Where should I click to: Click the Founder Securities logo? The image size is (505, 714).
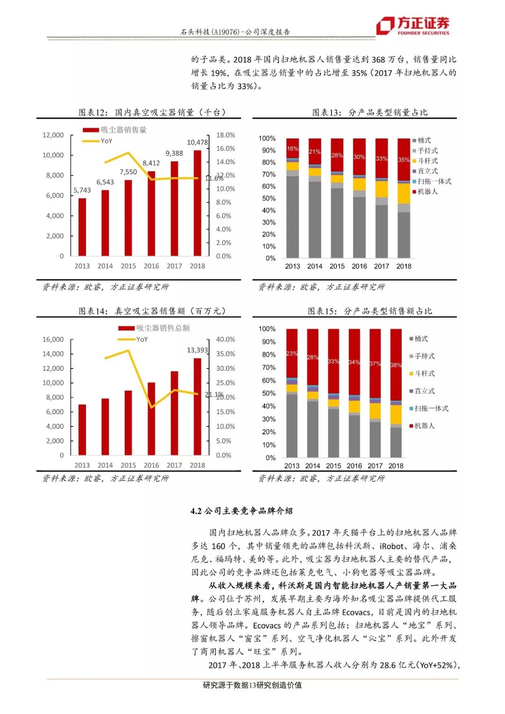[x=413, y=25]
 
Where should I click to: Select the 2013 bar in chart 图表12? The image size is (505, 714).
[x=82, y=227]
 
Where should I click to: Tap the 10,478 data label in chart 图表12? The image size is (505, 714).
[x=197, y=142]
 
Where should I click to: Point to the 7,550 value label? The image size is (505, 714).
[x=128, y=172]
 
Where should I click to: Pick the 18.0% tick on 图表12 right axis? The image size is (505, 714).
[x=225, y=135]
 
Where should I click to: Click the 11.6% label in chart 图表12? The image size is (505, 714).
[x=214, y=178]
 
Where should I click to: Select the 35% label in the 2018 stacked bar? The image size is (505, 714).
[x=404, y=159]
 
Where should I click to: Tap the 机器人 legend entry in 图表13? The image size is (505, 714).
[x=427, y=191]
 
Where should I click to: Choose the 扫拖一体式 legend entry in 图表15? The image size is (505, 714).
[x=431, y=408]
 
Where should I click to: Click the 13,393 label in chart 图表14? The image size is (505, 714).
[x=197, y=350]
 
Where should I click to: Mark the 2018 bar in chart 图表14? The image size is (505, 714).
[x=197, y=406]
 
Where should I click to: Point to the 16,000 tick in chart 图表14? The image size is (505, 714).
[x=53, y=339]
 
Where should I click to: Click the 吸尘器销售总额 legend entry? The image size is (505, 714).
[x=163, y=328]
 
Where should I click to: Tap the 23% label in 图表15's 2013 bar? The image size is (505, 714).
[x=292, y=353]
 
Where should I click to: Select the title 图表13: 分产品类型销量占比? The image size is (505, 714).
[x=369, y=112]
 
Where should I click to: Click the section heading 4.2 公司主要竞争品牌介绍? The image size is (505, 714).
[x=241, y=511]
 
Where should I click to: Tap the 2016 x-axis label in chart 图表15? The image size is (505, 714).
[x=354, y=466]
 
